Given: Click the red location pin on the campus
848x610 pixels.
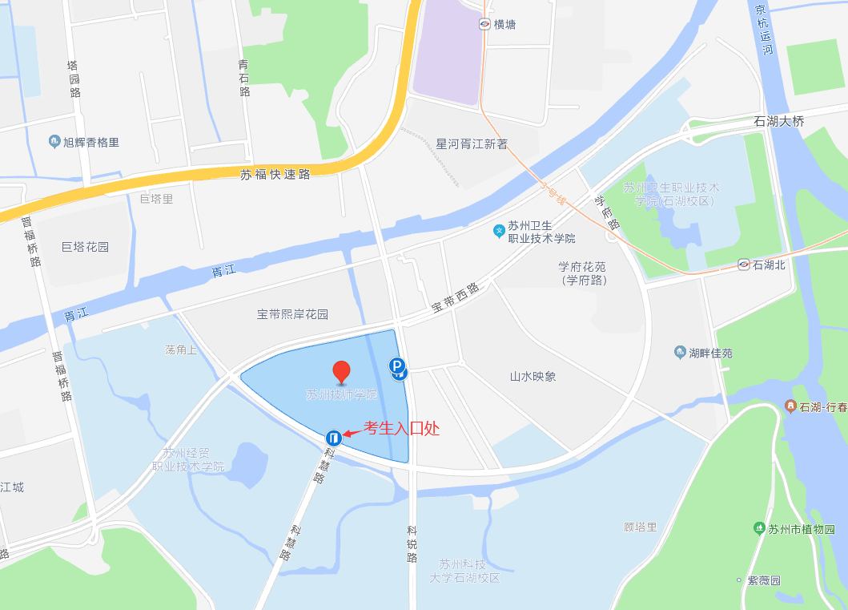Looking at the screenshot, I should tap(342, 371).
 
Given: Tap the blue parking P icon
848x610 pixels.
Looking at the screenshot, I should tap(397, 366).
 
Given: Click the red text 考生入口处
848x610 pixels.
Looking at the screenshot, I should tap(402, 429).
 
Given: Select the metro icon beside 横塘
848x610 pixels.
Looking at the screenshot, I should tap(485, 24).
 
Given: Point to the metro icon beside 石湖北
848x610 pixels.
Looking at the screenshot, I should tap(744, 265).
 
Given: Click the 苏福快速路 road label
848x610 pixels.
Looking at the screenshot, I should tap(275, 174).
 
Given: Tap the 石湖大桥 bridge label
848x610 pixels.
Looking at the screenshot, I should tap(778, 121).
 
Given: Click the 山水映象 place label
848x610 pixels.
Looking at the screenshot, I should tap(533, 376).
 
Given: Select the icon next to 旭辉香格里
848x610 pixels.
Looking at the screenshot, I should tap(54, 142).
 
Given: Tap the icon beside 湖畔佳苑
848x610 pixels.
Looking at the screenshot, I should tap(680, 353).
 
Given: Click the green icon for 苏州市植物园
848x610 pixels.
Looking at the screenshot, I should tap(758, 528).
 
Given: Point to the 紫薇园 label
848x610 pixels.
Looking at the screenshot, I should tap(764, 580).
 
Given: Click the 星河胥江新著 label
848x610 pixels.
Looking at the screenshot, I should tap(472, 144).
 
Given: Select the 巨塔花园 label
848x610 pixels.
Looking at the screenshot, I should tap(85, 247).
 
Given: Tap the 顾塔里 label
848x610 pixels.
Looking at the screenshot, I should tap(641, 527).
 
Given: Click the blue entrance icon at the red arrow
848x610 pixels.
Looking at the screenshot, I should tap(334, 438).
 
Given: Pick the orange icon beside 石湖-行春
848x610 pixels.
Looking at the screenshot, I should tap(790, 407).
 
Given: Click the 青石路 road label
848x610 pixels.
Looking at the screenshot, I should tap(244, 78).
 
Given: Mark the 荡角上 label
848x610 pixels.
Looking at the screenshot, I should tap(180, 350).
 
